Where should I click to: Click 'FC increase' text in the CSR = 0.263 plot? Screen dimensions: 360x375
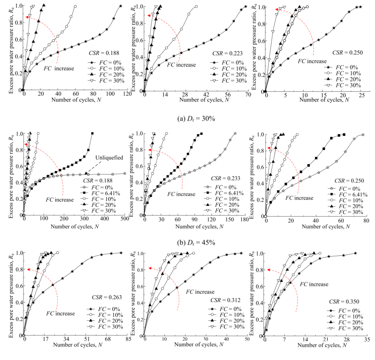(x=60, y=313)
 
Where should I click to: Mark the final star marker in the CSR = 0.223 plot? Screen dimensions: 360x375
(x=245, y=6)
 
